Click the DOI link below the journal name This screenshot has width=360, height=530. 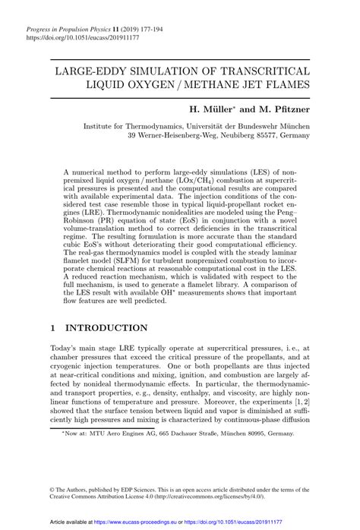77,36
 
